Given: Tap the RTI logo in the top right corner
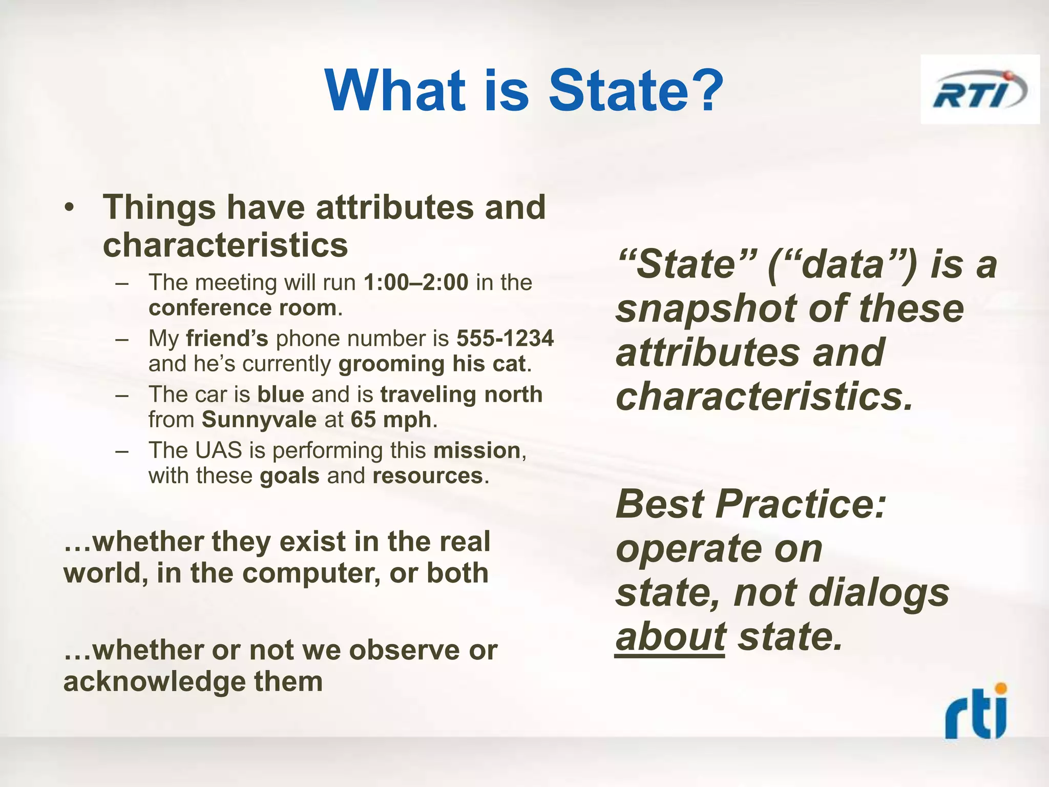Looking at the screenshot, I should pos(979,90).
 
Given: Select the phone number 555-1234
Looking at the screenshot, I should pos(505,338).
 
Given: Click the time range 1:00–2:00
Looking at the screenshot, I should pos(416,282).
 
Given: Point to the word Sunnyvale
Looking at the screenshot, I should pos(259,420).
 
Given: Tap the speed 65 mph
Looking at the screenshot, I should pos(391,420).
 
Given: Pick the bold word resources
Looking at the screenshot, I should pos(428,476).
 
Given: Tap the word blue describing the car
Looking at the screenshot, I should pos(281,395).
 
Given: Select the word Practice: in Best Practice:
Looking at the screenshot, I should pos(800,504).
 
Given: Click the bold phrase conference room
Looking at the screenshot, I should pos(243,308).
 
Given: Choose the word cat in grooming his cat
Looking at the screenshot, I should pos(509,364).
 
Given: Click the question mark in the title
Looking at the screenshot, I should pos(708,91).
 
